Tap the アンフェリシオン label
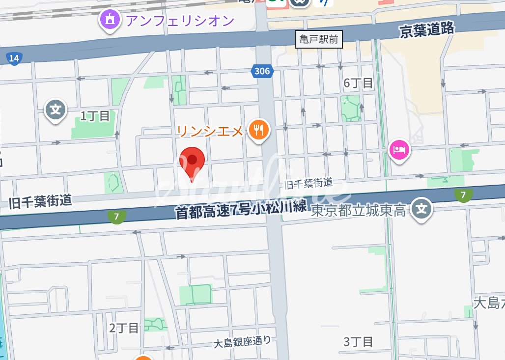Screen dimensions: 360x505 point(180,21)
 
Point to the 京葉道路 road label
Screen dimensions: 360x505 point(427,30)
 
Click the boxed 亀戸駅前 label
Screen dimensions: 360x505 point(319,39)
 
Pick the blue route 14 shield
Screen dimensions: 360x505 point(14,59)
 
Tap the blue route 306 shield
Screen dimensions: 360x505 point(262,71)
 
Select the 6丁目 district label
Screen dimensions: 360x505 point(358,83)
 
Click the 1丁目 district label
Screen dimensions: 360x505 point(95,116)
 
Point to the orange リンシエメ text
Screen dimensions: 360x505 point(210,131)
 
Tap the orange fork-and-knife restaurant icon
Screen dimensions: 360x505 point(258,131)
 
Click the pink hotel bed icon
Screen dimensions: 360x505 point(399,149)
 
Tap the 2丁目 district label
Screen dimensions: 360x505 point(124,328)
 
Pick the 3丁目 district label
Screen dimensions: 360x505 point(358,341)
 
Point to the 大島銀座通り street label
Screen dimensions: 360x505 point(243,341)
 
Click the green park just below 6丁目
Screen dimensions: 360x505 point(351,108)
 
